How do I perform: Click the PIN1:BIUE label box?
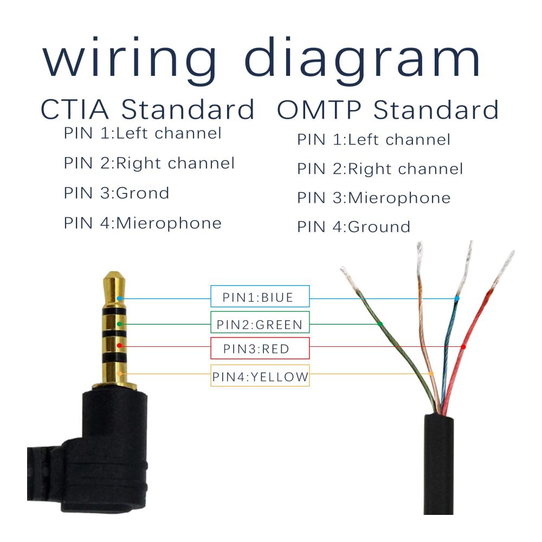260,296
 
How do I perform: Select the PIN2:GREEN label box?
260,322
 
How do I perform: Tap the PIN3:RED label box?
260,348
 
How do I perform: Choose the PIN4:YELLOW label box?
260,376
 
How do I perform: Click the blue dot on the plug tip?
119,298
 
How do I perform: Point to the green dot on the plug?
119,324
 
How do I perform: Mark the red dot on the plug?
119,346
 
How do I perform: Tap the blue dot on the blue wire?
457,298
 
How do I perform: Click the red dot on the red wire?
463,347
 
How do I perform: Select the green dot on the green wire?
380,324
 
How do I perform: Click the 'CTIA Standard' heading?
147,109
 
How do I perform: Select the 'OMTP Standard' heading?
388,109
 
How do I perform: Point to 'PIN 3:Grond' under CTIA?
117,193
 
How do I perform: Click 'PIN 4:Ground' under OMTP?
353,227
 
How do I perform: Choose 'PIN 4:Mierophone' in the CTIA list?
143,223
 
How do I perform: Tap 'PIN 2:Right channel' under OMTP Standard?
380,169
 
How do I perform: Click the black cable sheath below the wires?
438,463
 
